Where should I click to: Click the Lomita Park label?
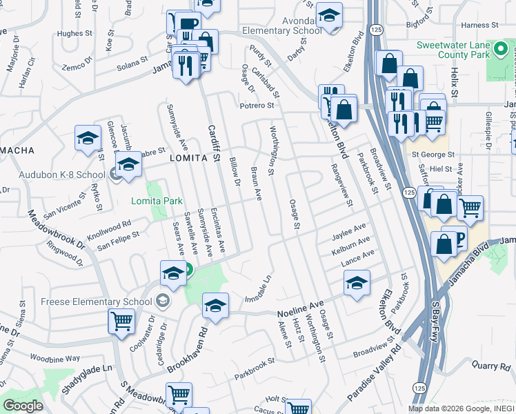pos(157,201)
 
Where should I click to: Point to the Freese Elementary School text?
pos(97,302)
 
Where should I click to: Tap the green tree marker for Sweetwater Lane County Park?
pos(502,49)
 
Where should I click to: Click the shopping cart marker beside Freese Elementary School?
pos(121,320)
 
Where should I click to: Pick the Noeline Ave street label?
pos(300,309)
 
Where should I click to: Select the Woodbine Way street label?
pos(55,359)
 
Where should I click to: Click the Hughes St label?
pos(75,33)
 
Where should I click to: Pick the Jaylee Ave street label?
pos(349,230)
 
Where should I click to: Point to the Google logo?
pos(23,406)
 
